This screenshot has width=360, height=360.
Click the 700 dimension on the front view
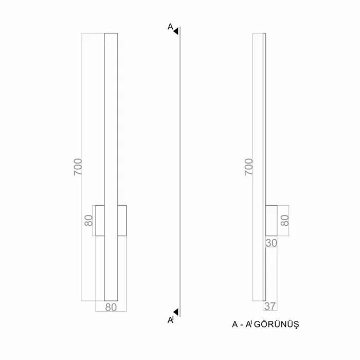(x=78, y=168)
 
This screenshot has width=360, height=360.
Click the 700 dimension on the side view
(x=249, y=168)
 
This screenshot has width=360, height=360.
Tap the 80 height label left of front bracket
(x=88, y=221)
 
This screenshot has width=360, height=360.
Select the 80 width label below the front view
(x=111, y=307)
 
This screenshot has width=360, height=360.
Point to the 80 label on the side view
(x=285, y=221)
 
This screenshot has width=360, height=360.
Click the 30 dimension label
(x=271, y=242)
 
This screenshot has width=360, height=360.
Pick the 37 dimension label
(x=271, y=307)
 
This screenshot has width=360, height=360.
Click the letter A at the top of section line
(x=170, y=27)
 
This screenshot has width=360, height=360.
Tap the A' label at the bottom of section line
(x=171, y=320)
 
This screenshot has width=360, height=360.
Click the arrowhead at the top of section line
(x=176, y=31)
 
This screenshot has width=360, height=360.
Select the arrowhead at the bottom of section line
(x=176, y=312)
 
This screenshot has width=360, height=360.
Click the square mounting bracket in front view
(x=111, y=221)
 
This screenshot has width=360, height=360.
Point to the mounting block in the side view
(x=271, y=221)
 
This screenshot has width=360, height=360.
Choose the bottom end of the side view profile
(x=264, y=299)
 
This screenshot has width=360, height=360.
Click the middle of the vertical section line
(x=179, y=170)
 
